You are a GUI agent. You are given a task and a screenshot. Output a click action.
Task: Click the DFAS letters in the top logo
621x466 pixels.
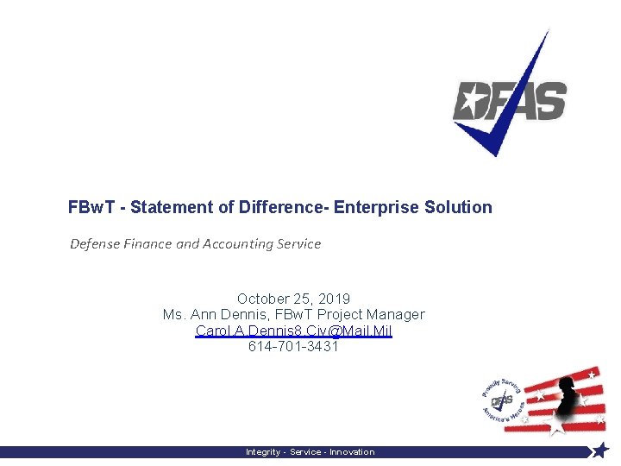coord(510,102)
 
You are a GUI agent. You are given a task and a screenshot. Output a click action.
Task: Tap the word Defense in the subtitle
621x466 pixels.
coord(94,243)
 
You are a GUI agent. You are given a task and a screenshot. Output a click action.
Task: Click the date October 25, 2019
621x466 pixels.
coord(293,299)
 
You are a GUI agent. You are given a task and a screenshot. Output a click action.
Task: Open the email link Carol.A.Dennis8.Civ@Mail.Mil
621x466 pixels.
coord(293,331)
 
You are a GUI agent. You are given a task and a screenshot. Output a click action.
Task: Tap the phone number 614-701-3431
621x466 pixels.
coord(293,347)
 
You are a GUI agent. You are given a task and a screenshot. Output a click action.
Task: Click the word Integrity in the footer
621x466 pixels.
coord(264,452)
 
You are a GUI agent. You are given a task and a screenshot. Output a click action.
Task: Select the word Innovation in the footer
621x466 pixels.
coord(352,452)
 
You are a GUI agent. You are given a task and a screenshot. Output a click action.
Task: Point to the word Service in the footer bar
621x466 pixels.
coord(306,452)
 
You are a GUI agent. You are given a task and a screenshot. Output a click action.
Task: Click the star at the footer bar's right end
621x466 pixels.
coord(601,450)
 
